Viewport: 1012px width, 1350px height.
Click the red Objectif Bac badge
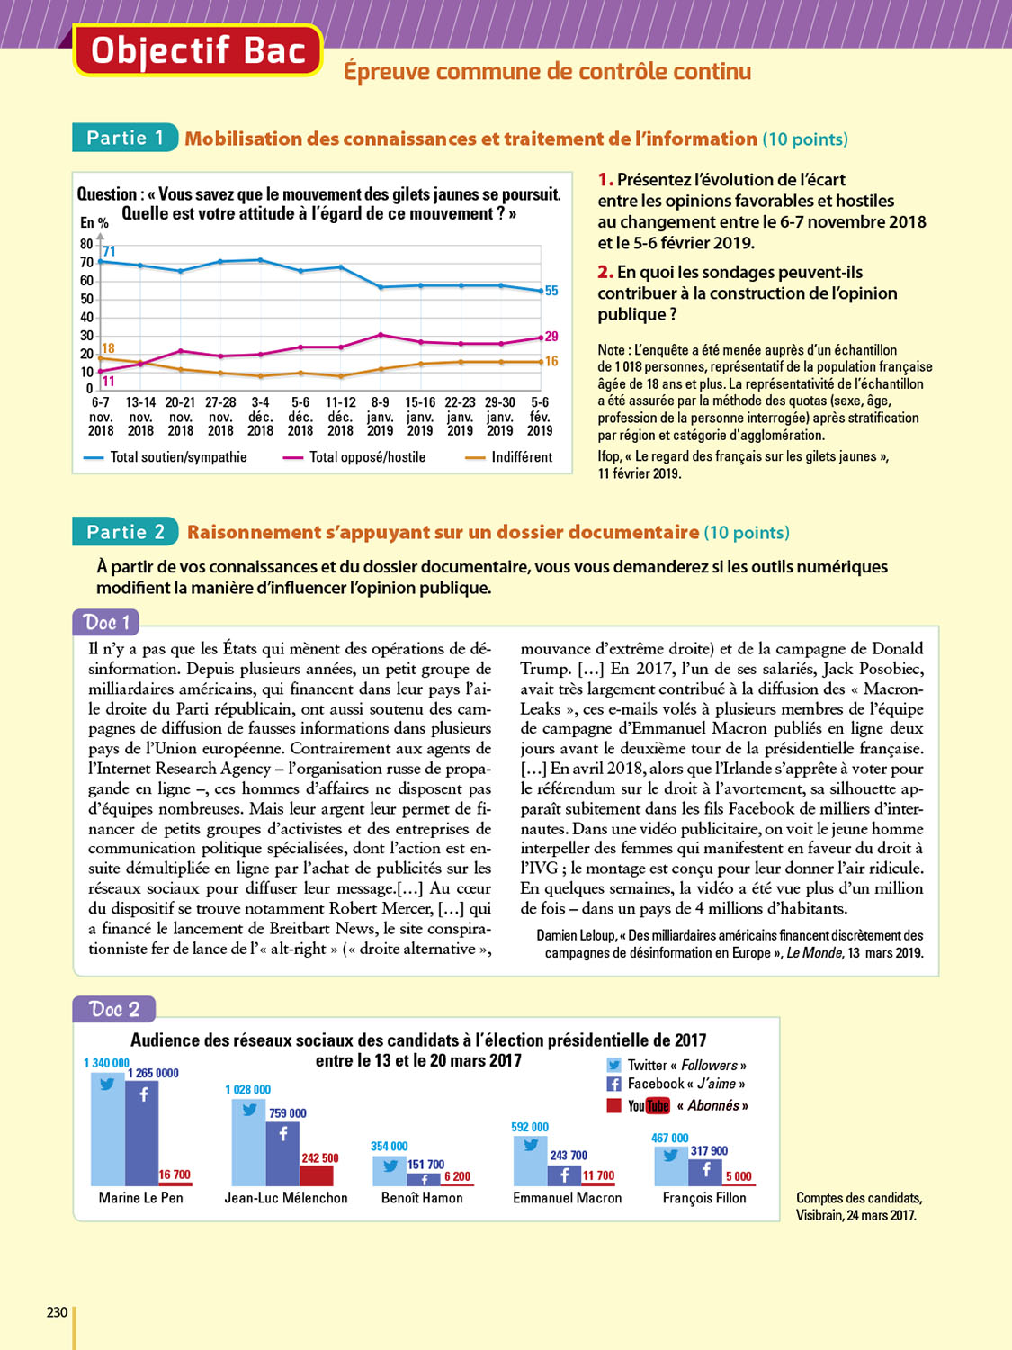(x=197, y=51)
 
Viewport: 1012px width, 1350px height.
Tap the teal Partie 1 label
(x=125, y=138)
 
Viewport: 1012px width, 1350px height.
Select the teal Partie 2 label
(x=125, y=532)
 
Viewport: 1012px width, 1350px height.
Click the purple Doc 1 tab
(x=106, y=622)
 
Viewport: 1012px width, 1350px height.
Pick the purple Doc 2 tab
(x=113, y=1009)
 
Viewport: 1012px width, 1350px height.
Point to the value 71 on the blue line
(x=109, y=251)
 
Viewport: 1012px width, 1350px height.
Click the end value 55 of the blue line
(x=551, y=291)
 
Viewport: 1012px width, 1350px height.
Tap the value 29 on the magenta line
(x=551, y=336)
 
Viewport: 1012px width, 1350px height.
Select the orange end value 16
(x=551, y=361)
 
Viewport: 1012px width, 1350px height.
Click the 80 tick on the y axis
(x=86, y=244)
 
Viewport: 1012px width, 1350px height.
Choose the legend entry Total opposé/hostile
(x=367, y=457)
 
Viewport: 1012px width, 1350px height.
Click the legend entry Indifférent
(x=522, y=457)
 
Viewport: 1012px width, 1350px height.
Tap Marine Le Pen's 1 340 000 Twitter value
(x=106, y=1063)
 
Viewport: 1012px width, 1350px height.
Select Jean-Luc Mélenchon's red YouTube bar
(x=317, y=1175)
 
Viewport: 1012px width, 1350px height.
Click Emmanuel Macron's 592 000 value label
(x=530, y=1127)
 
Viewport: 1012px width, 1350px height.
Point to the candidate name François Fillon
(x=704, y=1198)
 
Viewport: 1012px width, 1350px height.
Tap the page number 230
(x=57, y=1312)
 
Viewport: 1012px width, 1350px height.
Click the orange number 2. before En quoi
(x=605, y=272)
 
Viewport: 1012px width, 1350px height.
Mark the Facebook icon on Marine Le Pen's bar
(x=143, y=1095)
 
